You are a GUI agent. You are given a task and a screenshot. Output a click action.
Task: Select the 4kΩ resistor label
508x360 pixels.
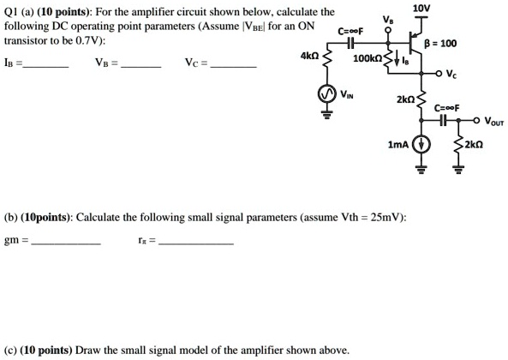pyautogui.click(x=310, y=56)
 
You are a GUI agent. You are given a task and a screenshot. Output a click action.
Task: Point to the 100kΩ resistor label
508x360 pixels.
pyautogui.click(x=368, y=60)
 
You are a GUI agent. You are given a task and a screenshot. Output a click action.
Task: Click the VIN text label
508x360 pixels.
pyautogui.click(x=347, y=94)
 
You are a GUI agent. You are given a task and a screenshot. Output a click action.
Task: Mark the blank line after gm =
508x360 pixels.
pyautogui.click(x=65, y=243)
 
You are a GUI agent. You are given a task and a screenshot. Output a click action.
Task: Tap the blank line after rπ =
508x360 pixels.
pyautogui.click(x=196, y=243)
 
